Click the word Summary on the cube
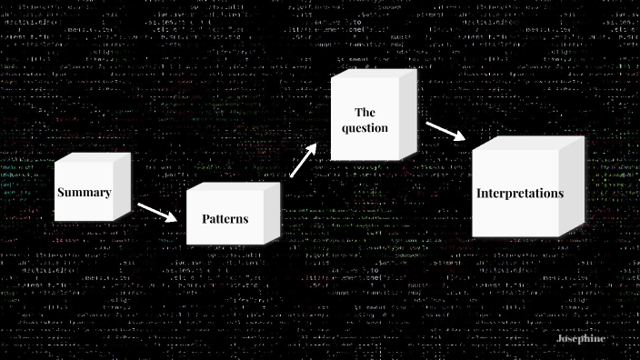pyautogui.click(x=84, y=193)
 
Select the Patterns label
pyautogui.click(x=225, y=219)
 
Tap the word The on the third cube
pyautogui.click(x=365, y=112)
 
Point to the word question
pyautogui.click(x=365, y=128)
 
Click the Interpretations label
pyautogui.click(x=520, y=193)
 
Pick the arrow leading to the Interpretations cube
pyautogui.click(x=445, y=131)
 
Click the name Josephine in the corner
pyautogui.click(x=579, y=337)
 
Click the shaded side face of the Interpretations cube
pyautogui.click(x=571, y=186)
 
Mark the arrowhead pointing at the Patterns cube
pyautogui.click(x=172, y=218)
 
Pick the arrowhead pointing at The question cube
pyautogui.click(x=315, y=148)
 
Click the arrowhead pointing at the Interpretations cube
pyautogui.click(x=460, y=136)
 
